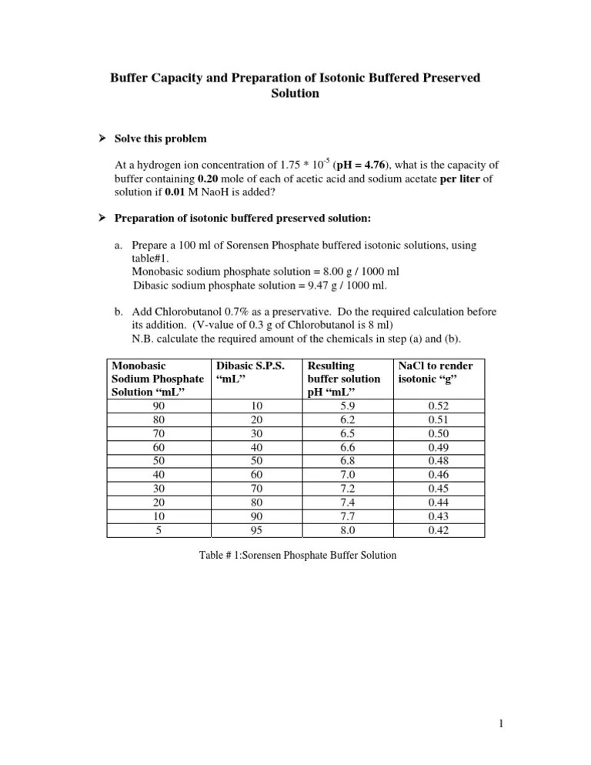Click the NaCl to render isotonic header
[435, 372]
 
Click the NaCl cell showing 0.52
[435, 406]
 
